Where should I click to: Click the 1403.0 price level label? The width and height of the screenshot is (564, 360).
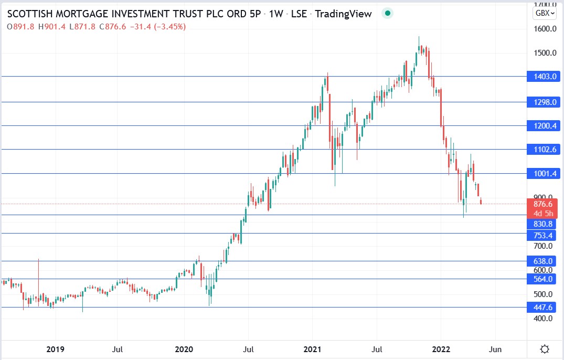click(x=545, y=77)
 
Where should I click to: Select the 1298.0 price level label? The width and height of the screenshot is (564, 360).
click(x=545, y=102)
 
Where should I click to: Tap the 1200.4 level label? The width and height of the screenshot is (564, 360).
click(x=545, y=126)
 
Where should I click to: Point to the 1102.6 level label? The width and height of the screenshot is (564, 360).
click(x=545, y=150)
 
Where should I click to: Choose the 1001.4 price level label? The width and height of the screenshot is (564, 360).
click(x=545, y=174)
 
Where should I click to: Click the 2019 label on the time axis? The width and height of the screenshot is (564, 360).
click(x=55, y=349)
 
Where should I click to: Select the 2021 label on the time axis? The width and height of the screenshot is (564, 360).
click(x=313, y=349)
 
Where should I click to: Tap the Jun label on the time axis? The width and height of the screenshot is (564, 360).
click(x=495, y=349)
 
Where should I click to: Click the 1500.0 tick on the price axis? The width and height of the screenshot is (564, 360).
click(x=545, y=53)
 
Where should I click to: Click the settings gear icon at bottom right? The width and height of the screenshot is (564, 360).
click(x=545, y=349)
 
